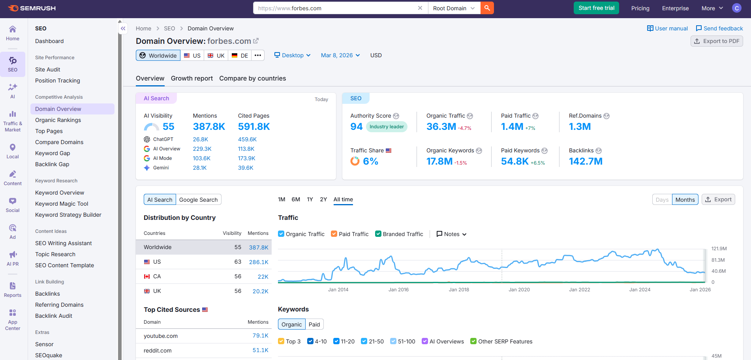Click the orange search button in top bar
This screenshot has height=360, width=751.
487,8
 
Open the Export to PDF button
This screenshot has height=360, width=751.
717,41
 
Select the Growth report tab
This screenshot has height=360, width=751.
192,78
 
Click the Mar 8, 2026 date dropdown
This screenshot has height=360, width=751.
340,55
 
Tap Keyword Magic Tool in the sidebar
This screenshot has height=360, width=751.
62,204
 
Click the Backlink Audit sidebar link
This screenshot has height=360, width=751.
54,316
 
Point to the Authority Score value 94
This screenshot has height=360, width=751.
356,127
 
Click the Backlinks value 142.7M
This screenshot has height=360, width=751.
585,161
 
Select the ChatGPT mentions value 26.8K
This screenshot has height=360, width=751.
200,139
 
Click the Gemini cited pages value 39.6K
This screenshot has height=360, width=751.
246,168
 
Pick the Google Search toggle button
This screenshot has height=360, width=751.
198,200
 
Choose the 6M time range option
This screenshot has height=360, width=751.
296,199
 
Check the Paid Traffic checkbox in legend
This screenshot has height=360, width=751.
334,234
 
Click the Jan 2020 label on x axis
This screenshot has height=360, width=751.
519,290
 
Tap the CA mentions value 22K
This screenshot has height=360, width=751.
263,277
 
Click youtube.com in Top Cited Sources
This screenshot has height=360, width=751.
161,336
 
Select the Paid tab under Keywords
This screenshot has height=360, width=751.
314,324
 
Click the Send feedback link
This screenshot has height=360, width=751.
719,28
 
